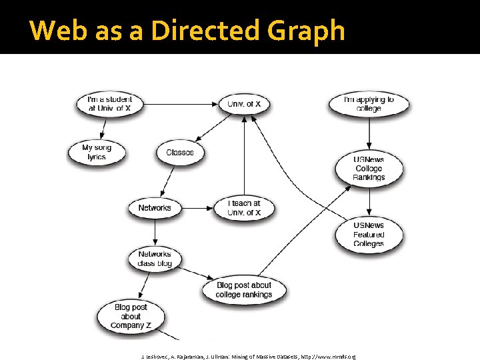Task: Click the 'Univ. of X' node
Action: (244, 104)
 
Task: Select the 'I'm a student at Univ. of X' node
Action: (110, 104)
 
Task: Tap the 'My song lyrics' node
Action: (97, 152)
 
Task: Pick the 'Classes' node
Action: (180, 153)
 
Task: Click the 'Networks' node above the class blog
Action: (155, 208)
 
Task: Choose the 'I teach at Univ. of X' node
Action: (244, 208)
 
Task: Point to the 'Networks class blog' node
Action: (155, 259)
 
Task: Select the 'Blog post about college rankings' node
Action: (244, 290)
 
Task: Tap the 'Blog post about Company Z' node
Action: (131, 316)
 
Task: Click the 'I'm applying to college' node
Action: (369, 104)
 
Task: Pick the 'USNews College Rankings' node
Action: (369, 169)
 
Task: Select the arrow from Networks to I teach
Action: (197, 208)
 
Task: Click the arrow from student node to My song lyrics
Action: (103, 127)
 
